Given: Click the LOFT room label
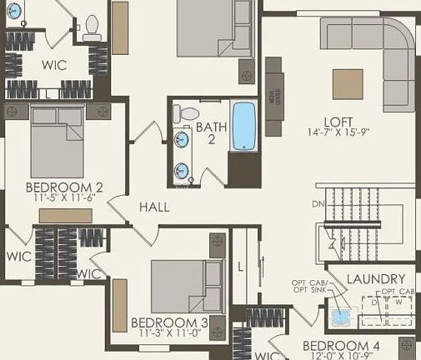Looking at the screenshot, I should point(334,120).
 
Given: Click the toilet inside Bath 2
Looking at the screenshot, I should point(188,112).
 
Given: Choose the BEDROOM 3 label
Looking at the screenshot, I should point(169,322).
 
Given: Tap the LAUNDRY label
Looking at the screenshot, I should point(375,278).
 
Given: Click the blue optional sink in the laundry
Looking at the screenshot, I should point(340,317).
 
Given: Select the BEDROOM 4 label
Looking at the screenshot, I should point(341,346).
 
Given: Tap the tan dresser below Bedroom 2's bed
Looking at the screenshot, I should point(65,215).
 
